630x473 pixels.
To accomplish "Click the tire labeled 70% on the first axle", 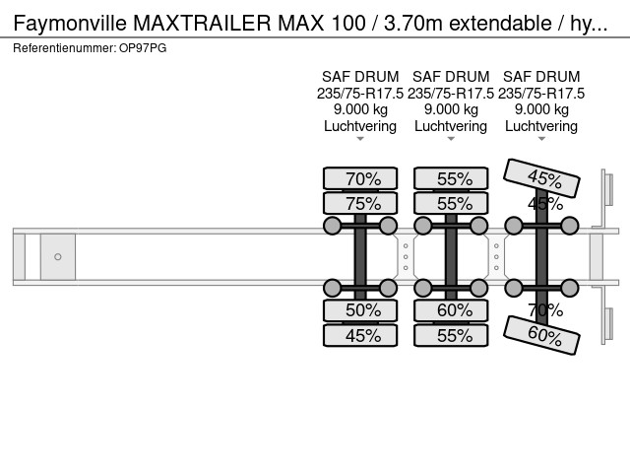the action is (360, 178).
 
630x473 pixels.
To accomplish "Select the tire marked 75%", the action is (360, 203).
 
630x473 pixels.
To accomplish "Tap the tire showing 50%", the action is (360, 310).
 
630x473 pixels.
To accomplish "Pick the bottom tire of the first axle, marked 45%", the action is (360, 335).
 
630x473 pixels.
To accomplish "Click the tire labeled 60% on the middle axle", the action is (451, 310).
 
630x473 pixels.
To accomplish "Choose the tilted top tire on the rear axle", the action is (541, 178).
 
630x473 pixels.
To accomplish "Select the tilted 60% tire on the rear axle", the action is (541, 335).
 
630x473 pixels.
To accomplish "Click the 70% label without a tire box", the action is (545, 310).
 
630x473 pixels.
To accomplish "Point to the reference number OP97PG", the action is (143, 48).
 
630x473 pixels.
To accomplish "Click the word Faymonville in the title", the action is (70, 23).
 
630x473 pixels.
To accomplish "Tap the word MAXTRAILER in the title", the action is (202, 23).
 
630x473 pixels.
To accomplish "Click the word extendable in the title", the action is (500, 23).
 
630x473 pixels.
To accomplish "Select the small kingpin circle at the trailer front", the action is (58, 256).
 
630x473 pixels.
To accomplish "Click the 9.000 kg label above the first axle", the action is (360, 109).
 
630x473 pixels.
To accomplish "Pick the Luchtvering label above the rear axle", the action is (541, 126).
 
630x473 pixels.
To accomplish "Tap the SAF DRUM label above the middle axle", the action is (451, 77).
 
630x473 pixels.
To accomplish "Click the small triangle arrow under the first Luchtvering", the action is (360, 139).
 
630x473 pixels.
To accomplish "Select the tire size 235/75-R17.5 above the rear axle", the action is (541, 94).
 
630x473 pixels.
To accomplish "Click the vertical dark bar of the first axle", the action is (360, 256).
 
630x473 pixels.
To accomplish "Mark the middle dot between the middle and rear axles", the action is (496, 256).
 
